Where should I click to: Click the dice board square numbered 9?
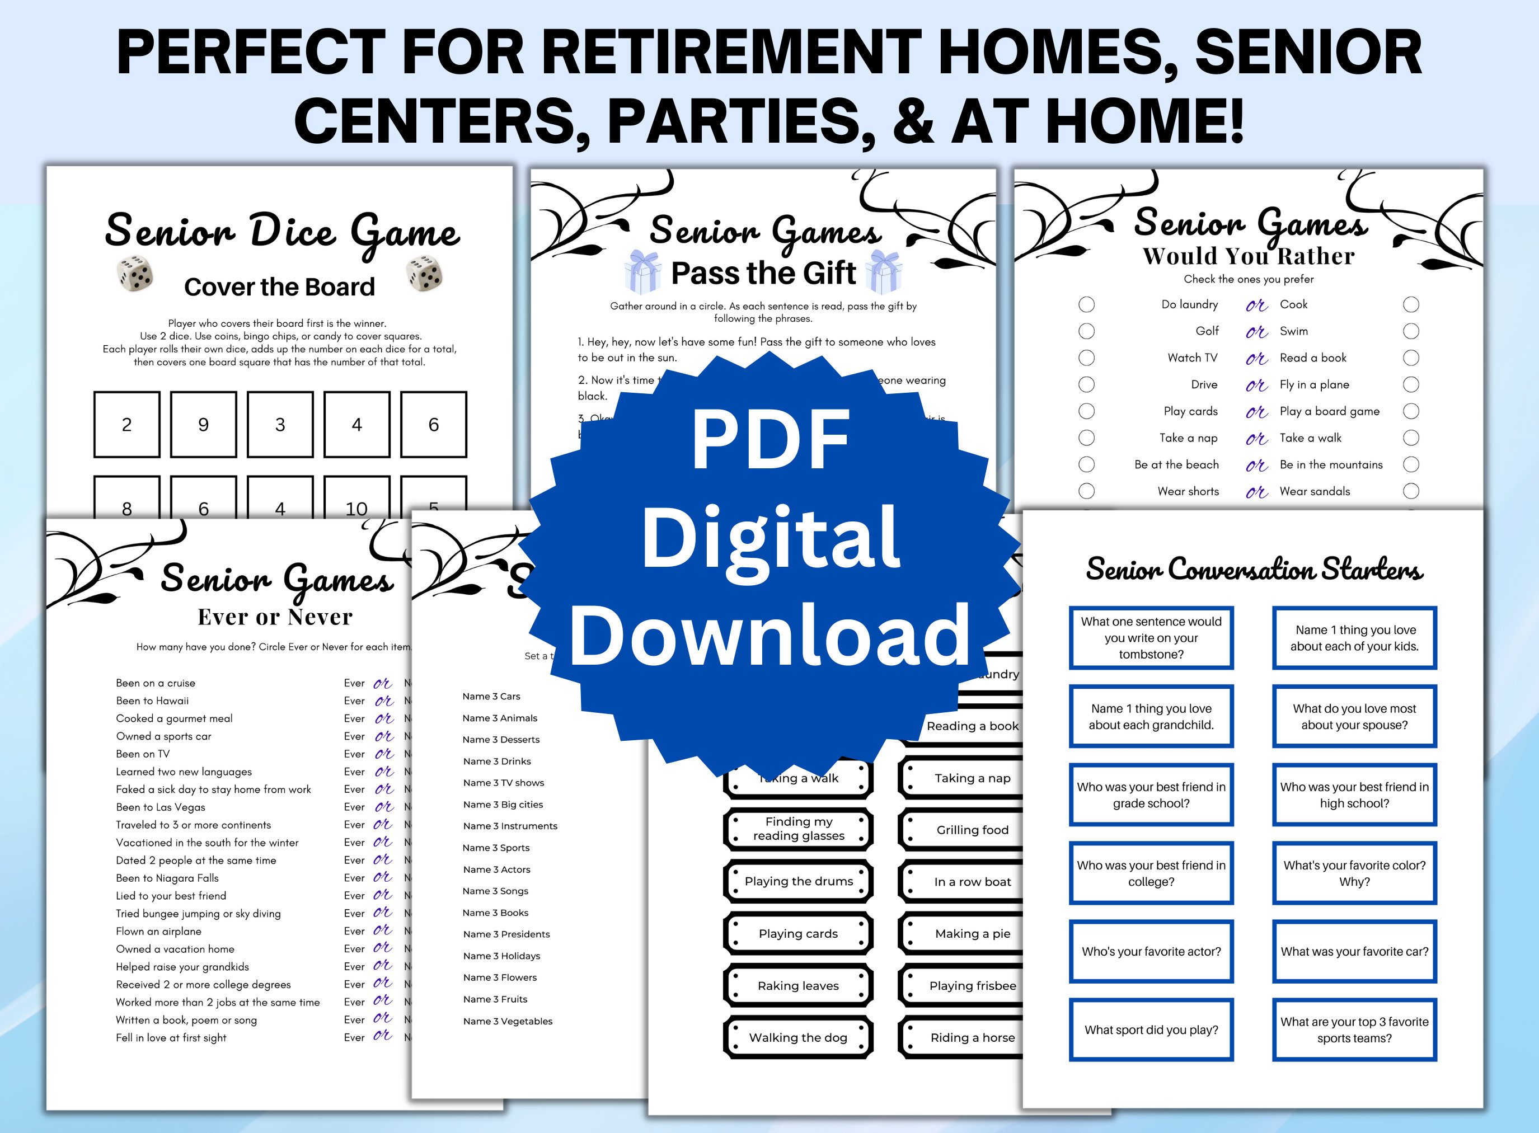point(203,425)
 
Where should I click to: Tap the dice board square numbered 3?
point(280,425)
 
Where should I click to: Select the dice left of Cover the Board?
point(135,274)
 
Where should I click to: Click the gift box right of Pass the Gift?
point(884,272)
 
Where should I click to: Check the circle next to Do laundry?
point(1086,304)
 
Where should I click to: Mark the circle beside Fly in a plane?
point(1411,385)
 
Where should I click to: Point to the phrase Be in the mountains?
point(1330,465)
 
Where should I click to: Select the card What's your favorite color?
point(1354,873)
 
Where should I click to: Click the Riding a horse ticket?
point(972,1038)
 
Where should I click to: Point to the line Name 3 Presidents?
point(506,934)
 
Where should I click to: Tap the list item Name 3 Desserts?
point(501,739)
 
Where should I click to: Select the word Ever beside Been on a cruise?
point(354,683)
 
